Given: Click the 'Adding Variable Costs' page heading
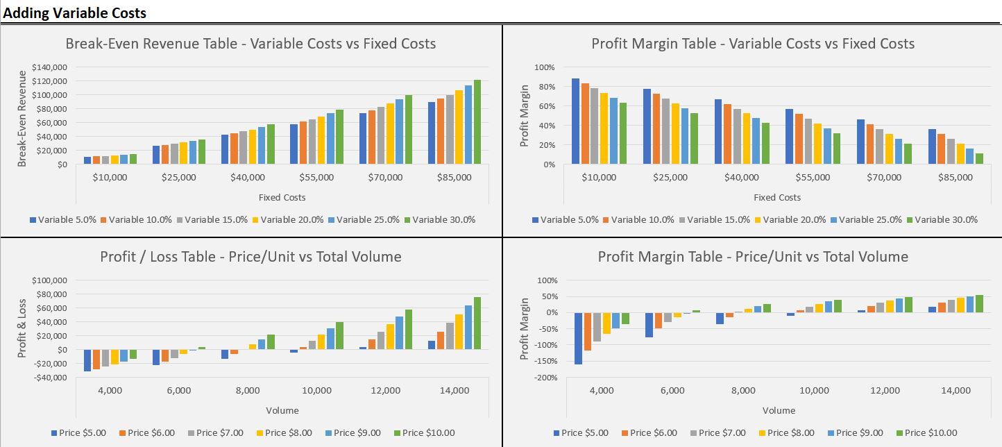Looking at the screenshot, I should point(75,13).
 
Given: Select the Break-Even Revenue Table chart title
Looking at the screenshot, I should point(250,44).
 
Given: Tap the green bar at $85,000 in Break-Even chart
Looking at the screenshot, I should point(477,122).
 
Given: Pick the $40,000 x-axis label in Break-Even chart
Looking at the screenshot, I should point(248,178).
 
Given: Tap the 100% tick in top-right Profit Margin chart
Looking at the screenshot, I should point(545,67).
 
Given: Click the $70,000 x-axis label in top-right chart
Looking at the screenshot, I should point(884,178).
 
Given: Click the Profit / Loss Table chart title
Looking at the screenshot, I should point(250,257).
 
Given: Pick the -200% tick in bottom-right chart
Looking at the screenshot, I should point(545,378).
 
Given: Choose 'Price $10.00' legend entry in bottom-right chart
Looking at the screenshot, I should point(932,433).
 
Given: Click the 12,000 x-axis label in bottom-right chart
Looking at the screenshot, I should point(885,391).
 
